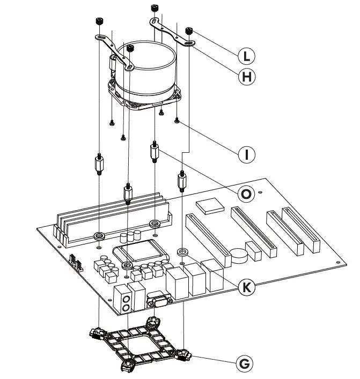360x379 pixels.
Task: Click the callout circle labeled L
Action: pyautogui.click(x=246, y=55)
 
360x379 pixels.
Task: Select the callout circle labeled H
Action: pyautogui.click(x=246, y=77)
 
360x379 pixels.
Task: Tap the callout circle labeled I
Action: pyautogui.click(x=246, y=155)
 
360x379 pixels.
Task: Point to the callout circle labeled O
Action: pyautogui.click(x=246, y=194)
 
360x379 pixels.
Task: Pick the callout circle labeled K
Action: pyautogui.click(x=246, y=287)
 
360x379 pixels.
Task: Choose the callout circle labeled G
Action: pyautogui.click(x=244, y=364)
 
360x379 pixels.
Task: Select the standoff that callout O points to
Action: pyautogui.click(x=155, y=153)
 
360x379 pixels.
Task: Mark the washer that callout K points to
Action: pyautogui.click(x=183, y=251)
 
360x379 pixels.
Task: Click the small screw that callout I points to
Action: pyautogui.click(x=177, y=121)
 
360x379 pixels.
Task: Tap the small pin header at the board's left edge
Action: pyautogui.click(x=76, y=262)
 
